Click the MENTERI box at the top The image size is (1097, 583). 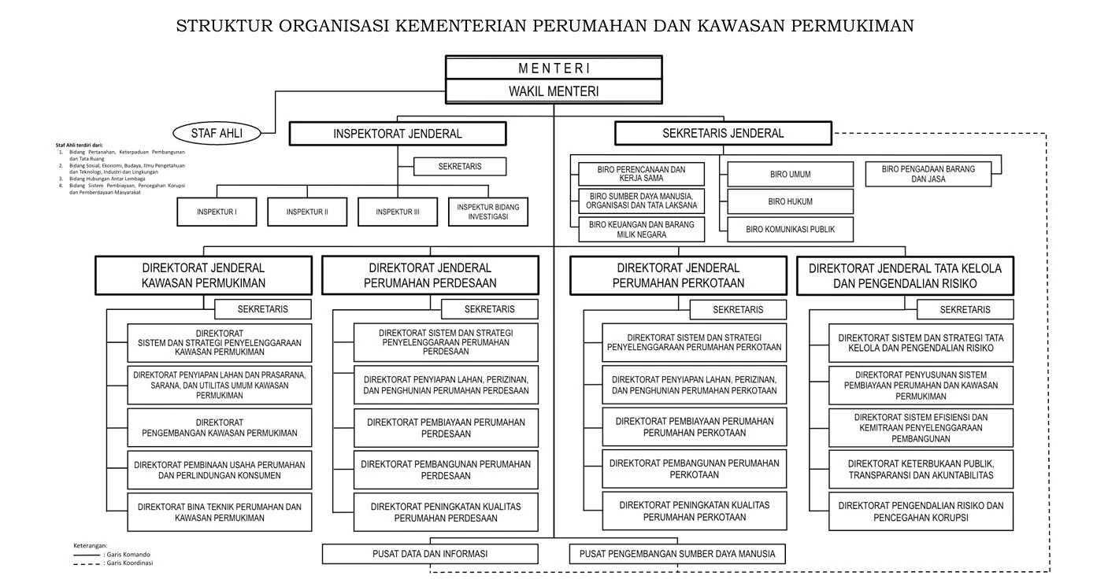(x=554, y=68)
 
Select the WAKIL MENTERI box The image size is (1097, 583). (x=554, y=91)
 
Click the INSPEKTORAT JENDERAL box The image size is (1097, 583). (x=398, y=134)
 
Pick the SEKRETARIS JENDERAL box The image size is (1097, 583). (x=723, y=133)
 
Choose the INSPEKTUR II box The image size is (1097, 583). (x=307, y=212)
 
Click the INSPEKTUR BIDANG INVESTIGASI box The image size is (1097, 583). (x=488, y=211)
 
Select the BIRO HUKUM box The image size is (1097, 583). (x=790, y=201)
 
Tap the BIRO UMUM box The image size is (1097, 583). (x=790, y=174)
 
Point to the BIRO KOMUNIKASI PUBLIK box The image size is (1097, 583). (x=790, y=229)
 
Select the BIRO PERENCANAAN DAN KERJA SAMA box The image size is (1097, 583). (x=641, y=174)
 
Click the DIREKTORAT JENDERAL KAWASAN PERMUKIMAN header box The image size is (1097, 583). (x=204, y=275)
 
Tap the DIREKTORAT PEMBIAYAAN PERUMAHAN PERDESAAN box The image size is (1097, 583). (x=446, y=428)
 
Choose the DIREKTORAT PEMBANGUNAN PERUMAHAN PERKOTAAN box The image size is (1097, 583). (x=695, y=469)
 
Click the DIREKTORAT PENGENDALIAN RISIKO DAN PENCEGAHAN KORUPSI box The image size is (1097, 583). (x=921, y=511)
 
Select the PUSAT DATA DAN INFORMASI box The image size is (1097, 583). (x=430, y=554)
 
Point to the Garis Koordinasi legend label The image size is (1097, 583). (x=123, y=563)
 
